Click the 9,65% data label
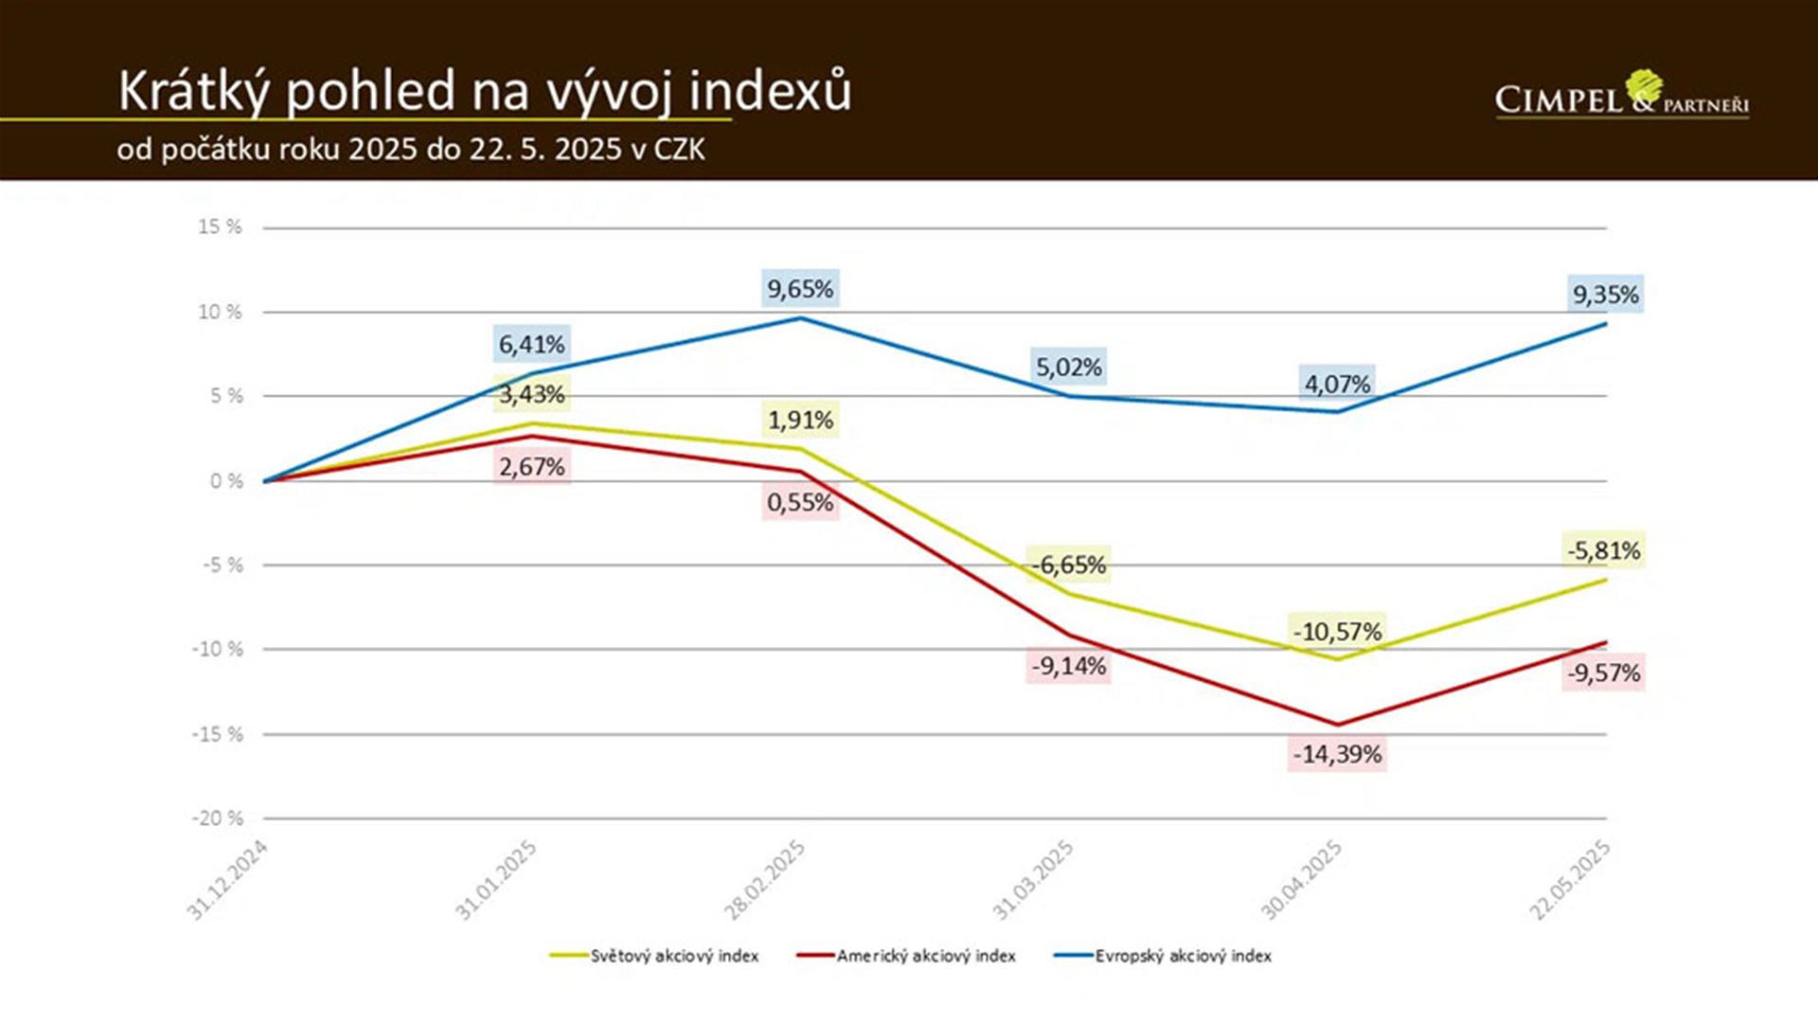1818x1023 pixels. tap(800, 289)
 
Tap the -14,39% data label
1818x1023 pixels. tap(1337, 754)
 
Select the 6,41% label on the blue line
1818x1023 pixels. tap(531, 344)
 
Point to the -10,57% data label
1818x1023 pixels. tap(1337, 631)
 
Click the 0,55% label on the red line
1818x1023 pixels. tap(800, 502)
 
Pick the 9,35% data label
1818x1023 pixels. tap(1605, 295)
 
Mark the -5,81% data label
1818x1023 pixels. tap(1603, 550)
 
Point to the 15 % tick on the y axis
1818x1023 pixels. tap(220, 227)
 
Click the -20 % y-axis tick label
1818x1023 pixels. tap(218, 818)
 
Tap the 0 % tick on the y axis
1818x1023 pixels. tap(226, 481)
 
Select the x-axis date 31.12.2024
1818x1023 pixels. tap(227, 880)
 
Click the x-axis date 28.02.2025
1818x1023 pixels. tap(764, 880)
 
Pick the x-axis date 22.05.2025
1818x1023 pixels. tap(1569, 880)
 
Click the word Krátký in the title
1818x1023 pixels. tap(194, 92)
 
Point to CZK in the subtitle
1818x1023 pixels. tap(679, 150)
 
